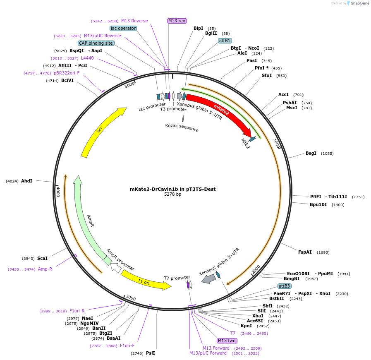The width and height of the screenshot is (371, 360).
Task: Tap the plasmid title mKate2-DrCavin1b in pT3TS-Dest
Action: tap(172, 189)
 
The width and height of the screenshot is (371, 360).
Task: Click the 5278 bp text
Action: tap(172, 194)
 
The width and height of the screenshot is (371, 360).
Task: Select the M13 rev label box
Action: tap(177, 21)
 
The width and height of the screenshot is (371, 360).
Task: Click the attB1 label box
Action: tap(225, 41)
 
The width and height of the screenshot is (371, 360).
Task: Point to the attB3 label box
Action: tap(284, 286)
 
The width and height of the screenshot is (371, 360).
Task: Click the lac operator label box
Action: tap(123, 28)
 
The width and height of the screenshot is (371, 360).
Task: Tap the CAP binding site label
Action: tap(96, 43)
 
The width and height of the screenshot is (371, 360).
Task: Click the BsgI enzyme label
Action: tap(311, 153)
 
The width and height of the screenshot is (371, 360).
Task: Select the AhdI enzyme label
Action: tap(26, 181)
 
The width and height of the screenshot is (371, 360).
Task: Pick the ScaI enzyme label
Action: tap(42, 258)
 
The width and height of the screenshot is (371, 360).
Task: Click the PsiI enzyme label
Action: tap(151, 353)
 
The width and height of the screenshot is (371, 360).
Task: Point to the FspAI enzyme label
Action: tap(305, 252)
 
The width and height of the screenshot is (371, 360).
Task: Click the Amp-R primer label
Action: tap(45, 269)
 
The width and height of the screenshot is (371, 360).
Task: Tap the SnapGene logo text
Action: tap(358, 3)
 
